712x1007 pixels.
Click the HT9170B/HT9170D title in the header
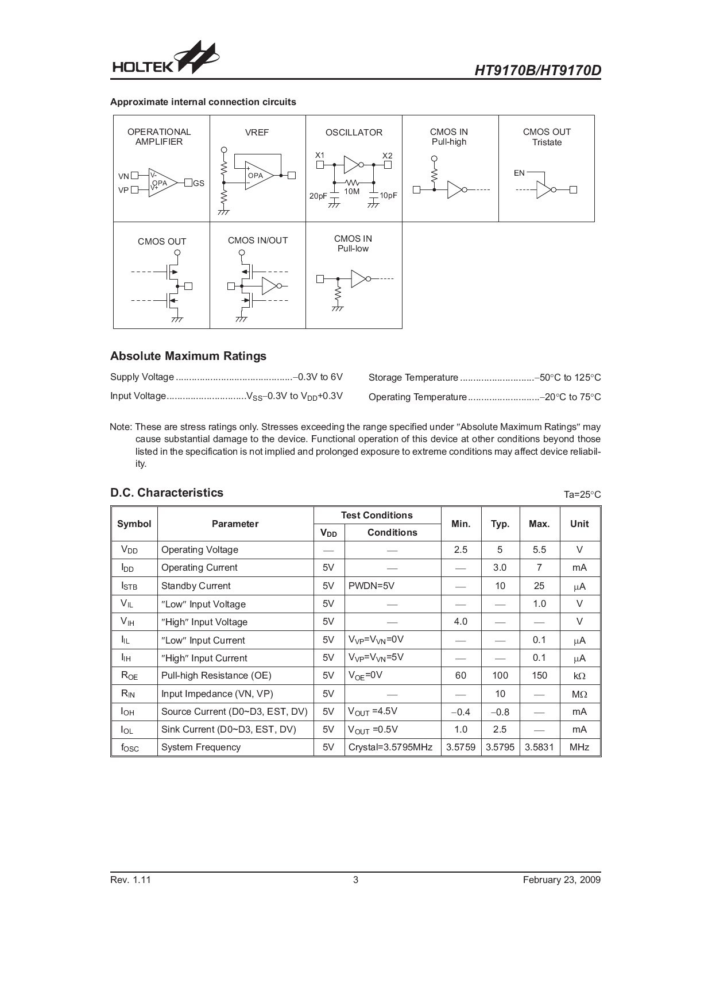(537, 70)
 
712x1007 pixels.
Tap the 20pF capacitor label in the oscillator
(318, 196)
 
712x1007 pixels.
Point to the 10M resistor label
(352, 191)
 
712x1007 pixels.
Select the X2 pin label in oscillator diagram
(388, 156)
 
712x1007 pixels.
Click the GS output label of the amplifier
(199, 183)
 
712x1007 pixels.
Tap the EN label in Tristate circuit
(519, 173)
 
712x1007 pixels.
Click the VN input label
(123, 176)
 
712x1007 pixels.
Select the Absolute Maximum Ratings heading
(188, 356)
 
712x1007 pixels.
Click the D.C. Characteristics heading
(167, 493)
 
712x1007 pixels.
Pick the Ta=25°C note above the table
(582, 494)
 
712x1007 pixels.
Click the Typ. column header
(500, 524)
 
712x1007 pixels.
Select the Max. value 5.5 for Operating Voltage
(539, 549)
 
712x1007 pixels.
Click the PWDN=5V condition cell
(372, 586)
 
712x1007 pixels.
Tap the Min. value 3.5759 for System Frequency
(461, 747)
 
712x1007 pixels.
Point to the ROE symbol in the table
(129, 676)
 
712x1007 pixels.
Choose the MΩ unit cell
(579, 694)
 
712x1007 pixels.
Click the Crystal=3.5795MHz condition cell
(390, 747)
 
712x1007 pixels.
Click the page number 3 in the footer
(355, 880)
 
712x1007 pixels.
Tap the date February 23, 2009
(562, 880)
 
